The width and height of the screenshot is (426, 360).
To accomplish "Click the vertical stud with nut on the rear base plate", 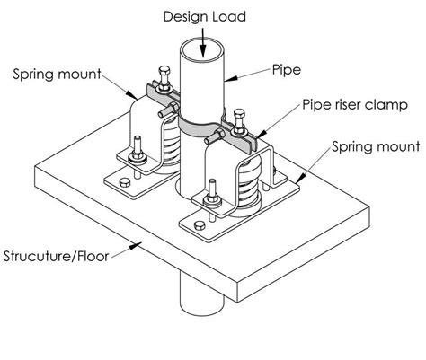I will (137, 148).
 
